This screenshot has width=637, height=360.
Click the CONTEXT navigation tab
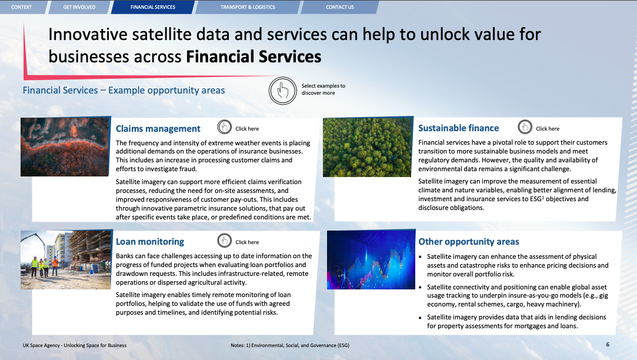(x=22, y=7)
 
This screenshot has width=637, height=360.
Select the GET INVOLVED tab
(x=79, y=7)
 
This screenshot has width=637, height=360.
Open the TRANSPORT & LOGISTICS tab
(x=248, y=7)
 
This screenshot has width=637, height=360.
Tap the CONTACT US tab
(x=340, y=7)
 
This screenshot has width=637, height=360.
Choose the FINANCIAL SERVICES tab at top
(x=153, y=7)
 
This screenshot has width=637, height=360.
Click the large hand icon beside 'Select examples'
(x=283, y=90)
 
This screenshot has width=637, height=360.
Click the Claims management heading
(x=158, y=129)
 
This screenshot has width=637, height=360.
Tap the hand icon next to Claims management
(x=224, y=127)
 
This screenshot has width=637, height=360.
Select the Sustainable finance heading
(x=459, y=128)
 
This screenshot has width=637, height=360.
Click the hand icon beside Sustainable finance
(x=525, y=127)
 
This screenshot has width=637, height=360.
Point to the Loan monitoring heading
(x=150, y=242)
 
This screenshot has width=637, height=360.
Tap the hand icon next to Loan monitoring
(x=224, y=241)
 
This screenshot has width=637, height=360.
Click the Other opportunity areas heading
(x=469, y=242)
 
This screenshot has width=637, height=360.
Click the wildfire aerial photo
(x=65, y=146)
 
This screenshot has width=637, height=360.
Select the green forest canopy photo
(x=368, y=147)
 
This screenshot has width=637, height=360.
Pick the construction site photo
(x=66, y=259)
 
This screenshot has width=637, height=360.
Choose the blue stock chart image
(x=371, y=259)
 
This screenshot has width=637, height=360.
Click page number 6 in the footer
(x=608, y=345)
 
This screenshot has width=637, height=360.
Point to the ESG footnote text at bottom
(x=290, y=345)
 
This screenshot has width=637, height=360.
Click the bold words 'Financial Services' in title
(x=254, y=56)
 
